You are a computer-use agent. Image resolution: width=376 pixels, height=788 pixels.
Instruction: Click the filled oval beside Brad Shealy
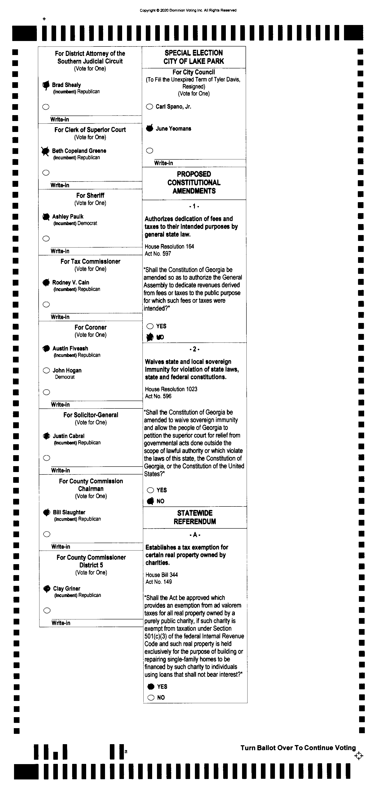(x=46, y=85)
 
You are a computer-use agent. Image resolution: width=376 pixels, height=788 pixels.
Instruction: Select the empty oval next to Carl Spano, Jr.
(x=149, y=107)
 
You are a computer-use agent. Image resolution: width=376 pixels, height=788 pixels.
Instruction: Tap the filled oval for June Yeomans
(x=150, y=128)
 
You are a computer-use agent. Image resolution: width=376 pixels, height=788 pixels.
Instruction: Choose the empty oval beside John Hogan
(x=46, y=371)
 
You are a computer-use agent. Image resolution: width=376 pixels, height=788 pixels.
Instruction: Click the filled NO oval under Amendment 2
(x=150, y=501)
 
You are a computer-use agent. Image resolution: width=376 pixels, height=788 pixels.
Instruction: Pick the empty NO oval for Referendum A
(x=151, y=697)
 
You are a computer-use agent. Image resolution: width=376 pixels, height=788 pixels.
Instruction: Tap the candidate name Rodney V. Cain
(x=71, y=282)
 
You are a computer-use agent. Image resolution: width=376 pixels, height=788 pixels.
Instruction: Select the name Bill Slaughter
(x=69, y=512)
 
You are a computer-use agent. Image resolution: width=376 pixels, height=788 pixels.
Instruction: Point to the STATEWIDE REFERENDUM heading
(x=195, y=517)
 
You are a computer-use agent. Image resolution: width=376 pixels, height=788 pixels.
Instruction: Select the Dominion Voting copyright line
(x=188, y=10)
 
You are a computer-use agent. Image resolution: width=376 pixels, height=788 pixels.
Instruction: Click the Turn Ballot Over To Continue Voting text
(x=298, y=748)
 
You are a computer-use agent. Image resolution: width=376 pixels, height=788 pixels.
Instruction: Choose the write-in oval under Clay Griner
(x=47, y=611)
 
